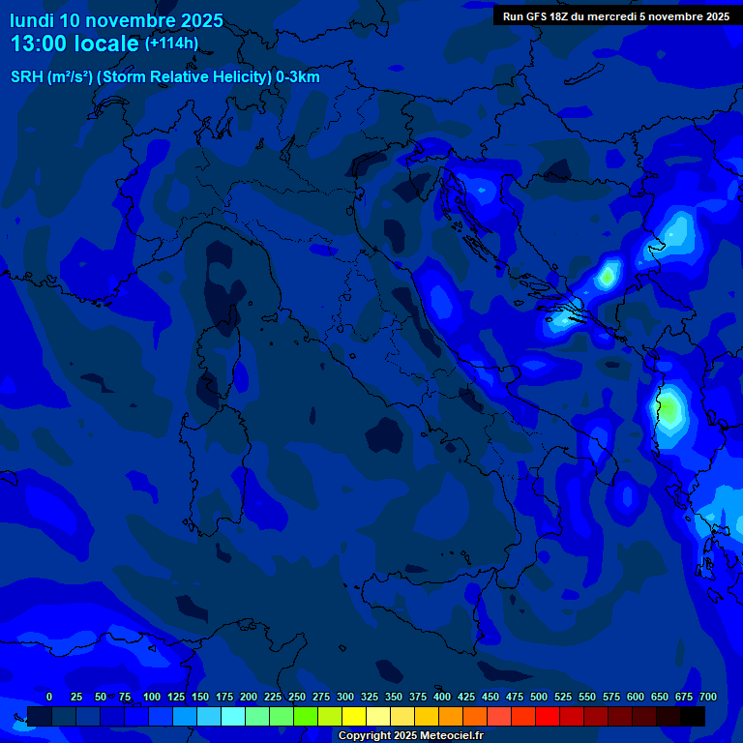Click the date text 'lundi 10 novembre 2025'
point(116,20)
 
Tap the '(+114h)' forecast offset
point(171,43)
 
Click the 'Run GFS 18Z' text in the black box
point(537,16)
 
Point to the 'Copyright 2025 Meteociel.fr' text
point(410,735)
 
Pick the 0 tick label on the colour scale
point(49,697)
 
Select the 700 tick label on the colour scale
point(707,697)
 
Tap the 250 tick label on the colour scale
point(296,697)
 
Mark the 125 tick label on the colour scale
point(176,697)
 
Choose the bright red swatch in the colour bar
point(547,716)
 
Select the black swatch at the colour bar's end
point(692,716)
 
